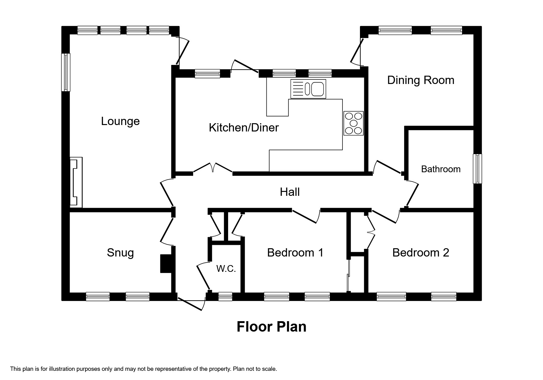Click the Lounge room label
click(120, 121)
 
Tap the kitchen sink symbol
click(308, 89)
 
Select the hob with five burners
click(354, 123)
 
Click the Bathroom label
click(441, 169)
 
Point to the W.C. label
click(226, 269)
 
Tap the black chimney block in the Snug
click(166, 263)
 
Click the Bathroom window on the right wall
click(477, 169)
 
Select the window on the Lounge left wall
click(66, 72)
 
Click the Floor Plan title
click(271, 327)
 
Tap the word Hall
click(289, 192)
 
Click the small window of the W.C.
click(225, 296)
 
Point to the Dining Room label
click(420, 80)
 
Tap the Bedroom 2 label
click(420, 253)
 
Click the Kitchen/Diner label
click(243, 128)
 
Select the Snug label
click(120, 253)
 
